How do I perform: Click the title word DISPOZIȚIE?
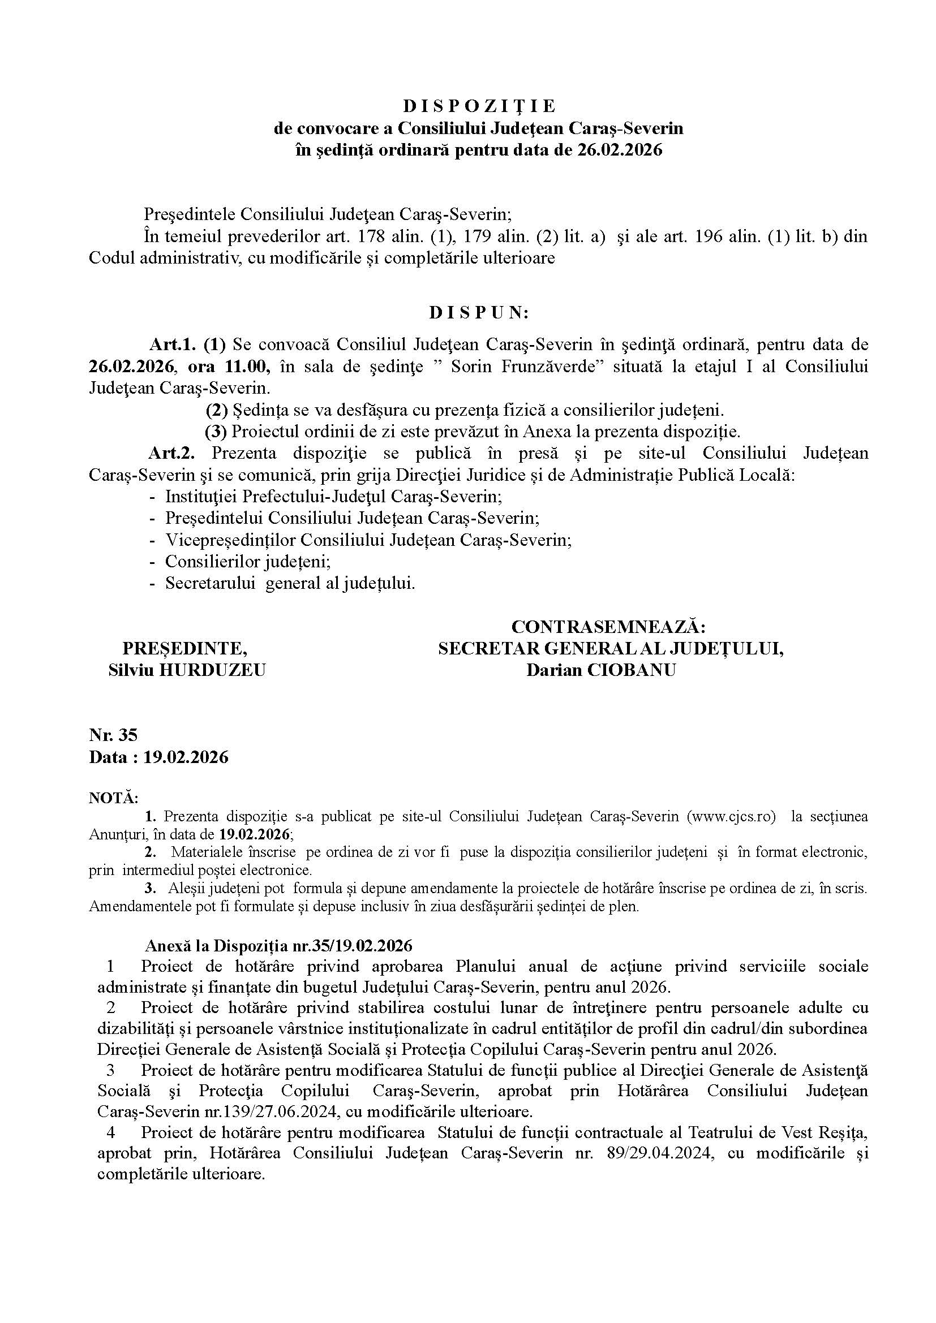click(478, 106)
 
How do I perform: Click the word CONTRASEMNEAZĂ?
click(609, 627)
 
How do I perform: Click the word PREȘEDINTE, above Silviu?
click(185, 648)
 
